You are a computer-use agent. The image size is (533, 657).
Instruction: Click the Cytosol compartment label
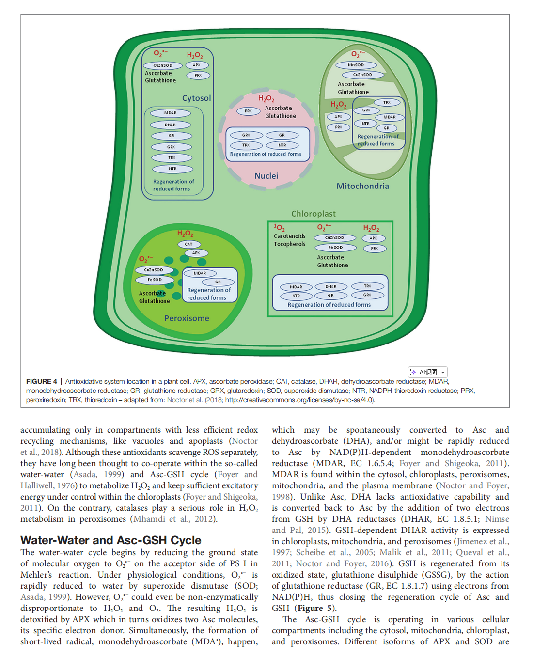pyautogui.click(x=196, y=98)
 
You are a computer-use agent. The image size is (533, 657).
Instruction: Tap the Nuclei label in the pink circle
pyautogui.click(x=266, y=176)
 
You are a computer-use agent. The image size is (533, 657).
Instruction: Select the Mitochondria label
pyautogui.click(x=362, y=186)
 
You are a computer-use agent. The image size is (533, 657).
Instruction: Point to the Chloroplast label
pyautogui.click(x=314, y=214)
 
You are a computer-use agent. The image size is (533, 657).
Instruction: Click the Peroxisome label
pyautogui.click(x=187, y=318)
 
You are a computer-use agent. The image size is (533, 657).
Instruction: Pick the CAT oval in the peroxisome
pyautogui.click(x=188, y=244)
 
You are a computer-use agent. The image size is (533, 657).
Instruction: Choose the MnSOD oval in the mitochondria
pyautogui.click(x=356, y=65)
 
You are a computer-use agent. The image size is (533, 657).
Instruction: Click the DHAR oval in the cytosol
pyautogui.click(x=170, y=125)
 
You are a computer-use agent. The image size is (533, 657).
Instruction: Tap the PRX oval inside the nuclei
pyautogui.click(x=248, y=111)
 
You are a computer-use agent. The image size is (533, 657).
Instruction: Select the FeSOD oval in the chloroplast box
pyautogui.click(x=335, y=248)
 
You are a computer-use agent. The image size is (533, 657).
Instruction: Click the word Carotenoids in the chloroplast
pyautogui.click(x=290, y=236)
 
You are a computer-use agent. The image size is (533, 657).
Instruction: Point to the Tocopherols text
pyautogui.click(x=290, y=244)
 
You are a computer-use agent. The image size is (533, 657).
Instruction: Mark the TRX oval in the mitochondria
pyautogui.click(x=387, y=102)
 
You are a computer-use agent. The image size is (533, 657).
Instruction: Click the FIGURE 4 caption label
pyautogui.click(x=42, y=382)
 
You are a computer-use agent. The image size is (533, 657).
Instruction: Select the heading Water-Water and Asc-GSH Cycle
pyautogui.click(x=111, y=540)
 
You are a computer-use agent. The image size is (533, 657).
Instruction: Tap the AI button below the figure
pyautogui.click(x=428, y=372)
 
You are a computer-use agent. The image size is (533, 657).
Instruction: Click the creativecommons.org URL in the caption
pyautogui.click(x=299, y=400)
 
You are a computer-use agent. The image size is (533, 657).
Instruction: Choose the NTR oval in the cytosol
pyautogui.click(x=172, y=169)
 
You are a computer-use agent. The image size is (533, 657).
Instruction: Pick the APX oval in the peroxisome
pyautogui.click(x=196, y=253)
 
